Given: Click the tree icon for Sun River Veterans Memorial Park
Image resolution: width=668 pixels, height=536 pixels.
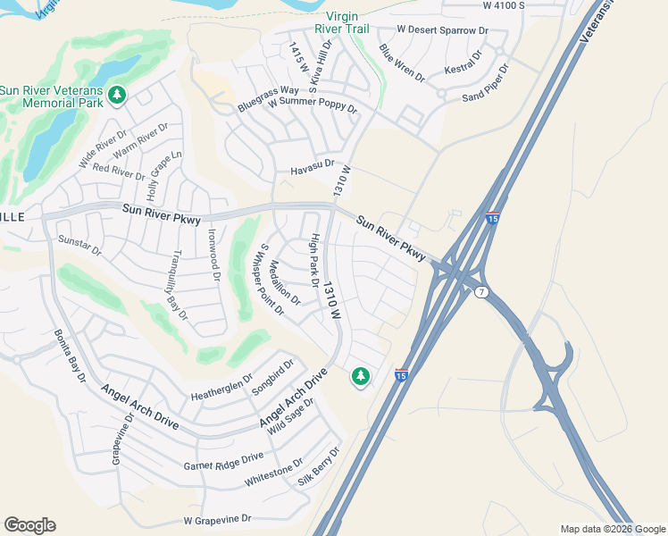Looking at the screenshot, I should click(x=116, y=94).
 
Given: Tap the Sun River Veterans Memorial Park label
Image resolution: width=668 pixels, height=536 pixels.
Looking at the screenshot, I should click(x=52, y=96).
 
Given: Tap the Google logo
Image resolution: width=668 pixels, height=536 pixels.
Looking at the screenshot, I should click(x=29, y=525).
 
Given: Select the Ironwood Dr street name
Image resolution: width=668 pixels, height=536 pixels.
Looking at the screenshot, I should click(x=214, y=255).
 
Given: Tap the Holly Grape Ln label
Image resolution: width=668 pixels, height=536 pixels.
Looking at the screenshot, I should click(x=164, y=175).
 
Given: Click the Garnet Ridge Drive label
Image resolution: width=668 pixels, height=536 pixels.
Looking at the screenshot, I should click(x=223, y=461).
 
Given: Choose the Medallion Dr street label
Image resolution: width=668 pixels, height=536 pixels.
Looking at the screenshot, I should click(x=285, y=283).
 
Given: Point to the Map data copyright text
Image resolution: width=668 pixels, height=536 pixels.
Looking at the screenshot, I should click(x=611, y=529).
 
